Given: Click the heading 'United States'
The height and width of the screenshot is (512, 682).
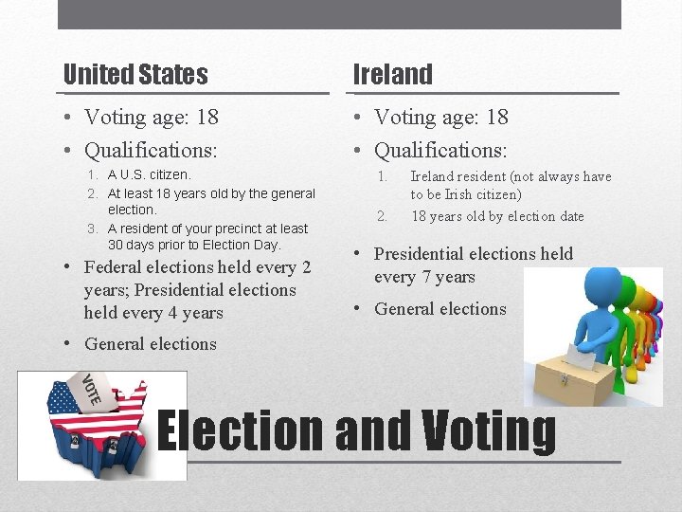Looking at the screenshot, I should click(135, 74).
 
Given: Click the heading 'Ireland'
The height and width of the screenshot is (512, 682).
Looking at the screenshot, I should click(392, 74).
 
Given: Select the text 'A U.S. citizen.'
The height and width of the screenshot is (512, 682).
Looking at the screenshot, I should click(149, 175).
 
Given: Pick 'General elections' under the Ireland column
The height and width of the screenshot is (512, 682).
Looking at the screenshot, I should click(440, 308).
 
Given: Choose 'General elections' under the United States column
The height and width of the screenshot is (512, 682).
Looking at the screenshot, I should click(151, 344).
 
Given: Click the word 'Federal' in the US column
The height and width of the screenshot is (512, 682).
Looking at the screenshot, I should click(115, 267).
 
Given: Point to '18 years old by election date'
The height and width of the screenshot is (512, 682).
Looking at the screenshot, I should click(497, 216).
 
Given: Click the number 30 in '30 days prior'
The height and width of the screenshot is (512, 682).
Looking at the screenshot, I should click(117, 245).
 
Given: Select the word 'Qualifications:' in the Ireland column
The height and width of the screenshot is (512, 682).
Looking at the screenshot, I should click(440, 150).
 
